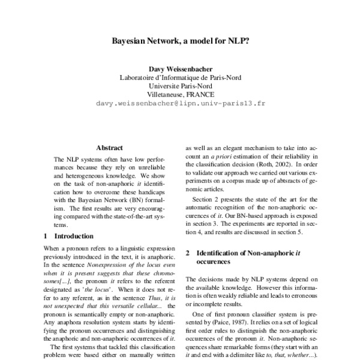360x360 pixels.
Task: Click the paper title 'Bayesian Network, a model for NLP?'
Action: coord(181,43)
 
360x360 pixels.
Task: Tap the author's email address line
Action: coord(181,103)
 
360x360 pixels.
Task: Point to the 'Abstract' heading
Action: coord(109,148)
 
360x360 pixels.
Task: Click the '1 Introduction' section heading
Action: coord(72,236)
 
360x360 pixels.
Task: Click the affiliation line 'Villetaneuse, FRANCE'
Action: coord(181,94)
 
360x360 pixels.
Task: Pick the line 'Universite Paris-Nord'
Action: coord(181,85)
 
